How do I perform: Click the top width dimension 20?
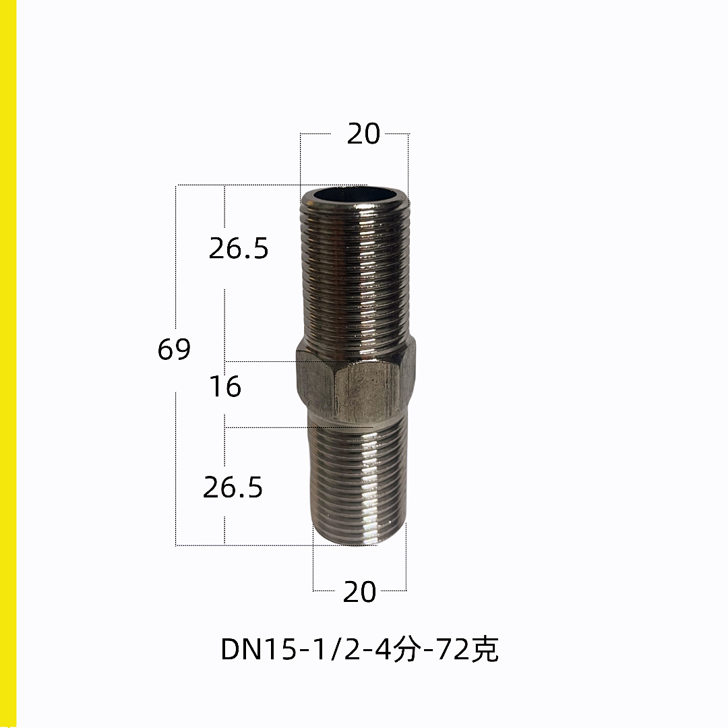tap(363, 134)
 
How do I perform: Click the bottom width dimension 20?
tap(359, 592)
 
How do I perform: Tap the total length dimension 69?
tap(174, 349)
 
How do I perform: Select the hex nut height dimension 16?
tap(225, 386)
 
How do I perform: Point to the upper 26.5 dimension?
tap(239, 248)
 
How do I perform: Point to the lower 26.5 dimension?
tap(233, 487)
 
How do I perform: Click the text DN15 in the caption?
tap(258, 649)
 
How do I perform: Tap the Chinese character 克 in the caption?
tap(485, 648)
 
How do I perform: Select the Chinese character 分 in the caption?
tap(406, 648)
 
